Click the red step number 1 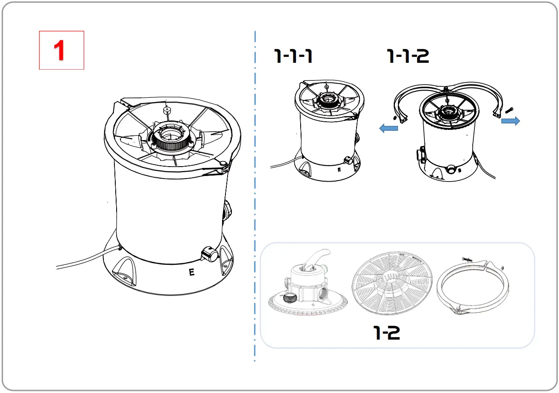point(61,50)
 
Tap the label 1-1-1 point(293,56)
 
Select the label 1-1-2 point(408,56)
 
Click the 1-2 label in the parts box point(387,332)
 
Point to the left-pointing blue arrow point(389,129)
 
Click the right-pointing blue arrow point(510,121)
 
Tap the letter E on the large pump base point(192,272)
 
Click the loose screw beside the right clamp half point(508,111)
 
